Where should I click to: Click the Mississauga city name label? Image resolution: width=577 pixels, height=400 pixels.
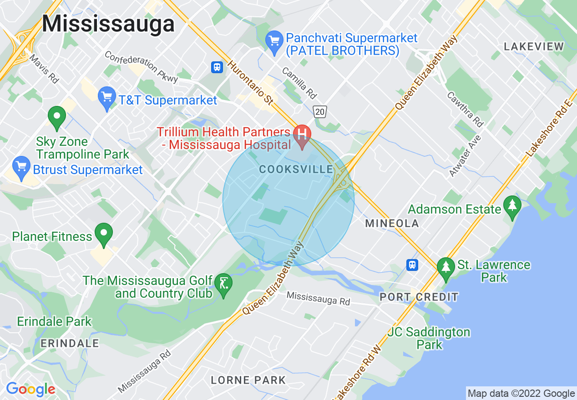tap(108, 24)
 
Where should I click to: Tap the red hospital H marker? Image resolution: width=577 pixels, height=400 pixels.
tap(302, 133)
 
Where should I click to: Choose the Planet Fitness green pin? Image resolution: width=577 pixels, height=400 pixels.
tap(104, 233)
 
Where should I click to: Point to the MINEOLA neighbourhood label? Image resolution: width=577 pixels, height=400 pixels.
tap(392, 223)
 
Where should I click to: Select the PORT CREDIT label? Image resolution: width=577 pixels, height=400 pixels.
tap(419, 297)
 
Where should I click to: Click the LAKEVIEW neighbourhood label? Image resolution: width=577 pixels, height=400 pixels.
tap(534, 46)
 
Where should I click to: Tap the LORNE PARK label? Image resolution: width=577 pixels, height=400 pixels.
tap(248, 380)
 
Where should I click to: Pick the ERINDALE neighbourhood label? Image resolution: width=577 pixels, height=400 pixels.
tap(70, 343)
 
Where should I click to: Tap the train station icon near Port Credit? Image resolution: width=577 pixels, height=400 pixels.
tap(412, 264)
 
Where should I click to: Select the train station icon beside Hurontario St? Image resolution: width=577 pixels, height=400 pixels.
tap(217, 67)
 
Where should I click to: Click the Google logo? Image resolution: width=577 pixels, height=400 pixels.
tap(30, 389)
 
